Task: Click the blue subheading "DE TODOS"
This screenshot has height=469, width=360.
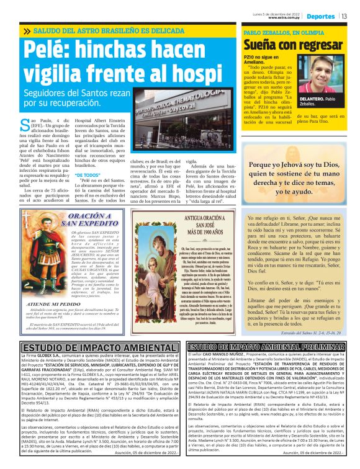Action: click(x=88, y=175)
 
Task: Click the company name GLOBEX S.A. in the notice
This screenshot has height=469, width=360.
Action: click(x=53, y=357)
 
